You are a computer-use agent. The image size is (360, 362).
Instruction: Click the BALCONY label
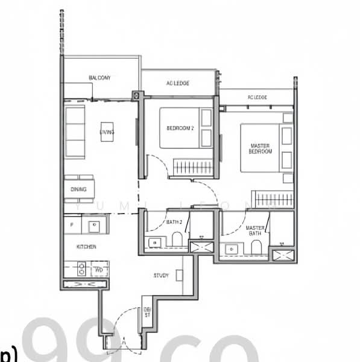click(x=99, y=78)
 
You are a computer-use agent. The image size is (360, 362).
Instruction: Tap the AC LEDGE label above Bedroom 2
click(x=177, y=83)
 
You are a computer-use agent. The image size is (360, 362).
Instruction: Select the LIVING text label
click(x=107, y=132)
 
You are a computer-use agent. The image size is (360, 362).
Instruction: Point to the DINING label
click(x=78, y=189)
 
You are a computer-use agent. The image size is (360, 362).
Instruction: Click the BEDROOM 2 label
click(x=181, y=127)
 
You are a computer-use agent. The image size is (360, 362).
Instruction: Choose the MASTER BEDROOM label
click(x=260, y=148)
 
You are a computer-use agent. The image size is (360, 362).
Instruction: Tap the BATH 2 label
click(x=174, y=223)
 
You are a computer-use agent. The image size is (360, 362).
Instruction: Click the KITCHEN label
click(x=86, y=247)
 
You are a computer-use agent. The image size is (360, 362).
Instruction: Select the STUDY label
click(x=161, y=276)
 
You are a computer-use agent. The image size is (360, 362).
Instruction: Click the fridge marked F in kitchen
click(x=72, y=225)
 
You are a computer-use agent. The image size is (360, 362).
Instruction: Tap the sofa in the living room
click(x=75, y=132)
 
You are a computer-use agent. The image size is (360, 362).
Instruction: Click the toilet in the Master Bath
click(x=256, y=247)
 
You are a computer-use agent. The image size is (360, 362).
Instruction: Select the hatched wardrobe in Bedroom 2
click(x=192, y=167)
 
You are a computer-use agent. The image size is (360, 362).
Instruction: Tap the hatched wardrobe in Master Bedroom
click(x=272, y=198)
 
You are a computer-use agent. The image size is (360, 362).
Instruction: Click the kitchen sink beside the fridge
click(x=94, y=225)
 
